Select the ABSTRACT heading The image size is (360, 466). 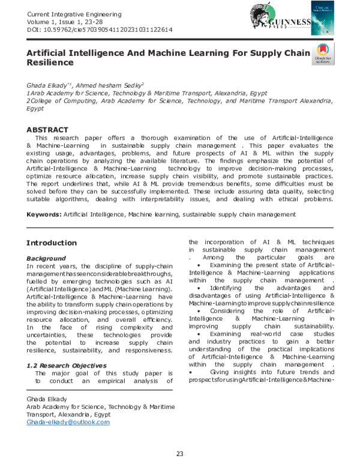47,130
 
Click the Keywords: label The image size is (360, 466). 44,214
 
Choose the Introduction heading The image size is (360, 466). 52,243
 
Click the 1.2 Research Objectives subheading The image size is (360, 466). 68,365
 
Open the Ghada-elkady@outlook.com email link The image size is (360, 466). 68,422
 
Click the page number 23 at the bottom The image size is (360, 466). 179,453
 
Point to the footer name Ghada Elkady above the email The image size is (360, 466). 46,399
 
